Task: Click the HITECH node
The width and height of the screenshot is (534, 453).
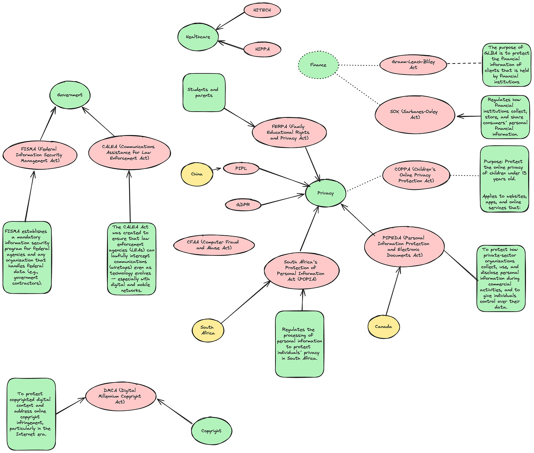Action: point(262,10)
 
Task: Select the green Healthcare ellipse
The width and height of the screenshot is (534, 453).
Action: point(198,37)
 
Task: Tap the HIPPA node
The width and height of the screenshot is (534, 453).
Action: point(262,49)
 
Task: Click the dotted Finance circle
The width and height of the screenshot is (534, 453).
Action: point(318,65)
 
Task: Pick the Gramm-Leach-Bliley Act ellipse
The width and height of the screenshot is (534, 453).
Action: point(413,65)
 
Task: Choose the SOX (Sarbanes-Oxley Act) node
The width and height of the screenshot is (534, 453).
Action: point(414,115)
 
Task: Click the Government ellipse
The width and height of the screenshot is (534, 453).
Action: point(70,95)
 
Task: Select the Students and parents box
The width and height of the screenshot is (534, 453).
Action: point(204,93)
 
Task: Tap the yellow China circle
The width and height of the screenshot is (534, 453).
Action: point(197,174)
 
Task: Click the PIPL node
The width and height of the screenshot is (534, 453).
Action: point(241,168)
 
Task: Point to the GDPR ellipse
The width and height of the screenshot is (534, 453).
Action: point(243,204)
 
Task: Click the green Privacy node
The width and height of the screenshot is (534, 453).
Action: point(325,193)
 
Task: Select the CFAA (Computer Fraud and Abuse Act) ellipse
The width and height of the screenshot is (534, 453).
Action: point(214,245)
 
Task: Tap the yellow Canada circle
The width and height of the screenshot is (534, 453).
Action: point(383,327)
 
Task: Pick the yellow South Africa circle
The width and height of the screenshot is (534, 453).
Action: point(208,330)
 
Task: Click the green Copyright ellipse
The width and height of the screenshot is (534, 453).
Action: point(211,431)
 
